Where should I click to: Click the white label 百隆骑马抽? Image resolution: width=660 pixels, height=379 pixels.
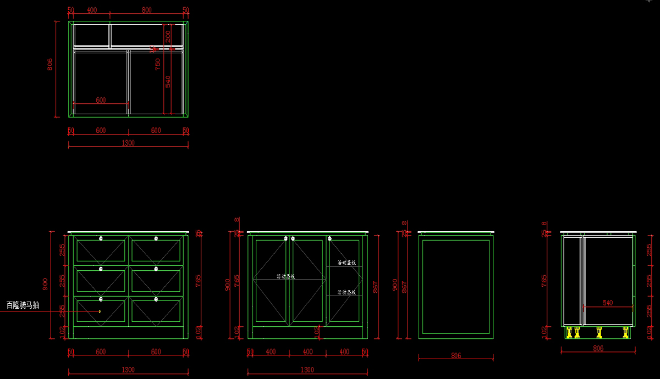tap(23, 305)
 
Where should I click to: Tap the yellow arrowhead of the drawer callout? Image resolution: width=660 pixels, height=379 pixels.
tap(100, 311)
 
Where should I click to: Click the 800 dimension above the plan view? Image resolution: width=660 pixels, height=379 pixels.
tap(146, 10)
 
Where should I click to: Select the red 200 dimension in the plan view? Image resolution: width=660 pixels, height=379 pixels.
tap(168, 36)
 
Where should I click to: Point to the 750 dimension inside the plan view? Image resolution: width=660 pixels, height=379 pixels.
tap(158, 64)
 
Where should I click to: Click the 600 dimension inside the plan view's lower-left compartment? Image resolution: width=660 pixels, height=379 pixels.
tap(101, 100)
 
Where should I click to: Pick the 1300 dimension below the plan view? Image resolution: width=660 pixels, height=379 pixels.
tap(128, 143)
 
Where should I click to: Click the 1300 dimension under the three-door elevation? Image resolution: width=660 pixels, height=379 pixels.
tap(307, 370)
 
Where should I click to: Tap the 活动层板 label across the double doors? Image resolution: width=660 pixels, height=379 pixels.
tap(285, 276)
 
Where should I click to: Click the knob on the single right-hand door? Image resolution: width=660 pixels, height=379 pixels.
tap(329, 238)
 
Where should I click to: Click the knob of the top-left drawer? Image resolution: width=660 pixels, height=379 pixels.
tap(101, 238)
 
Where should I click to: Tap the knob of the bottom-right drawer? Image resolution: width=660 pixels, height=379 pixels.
tap(156, 299)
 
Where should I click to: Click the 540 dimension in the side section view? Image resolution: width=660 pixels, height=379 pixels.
tap(608, 303)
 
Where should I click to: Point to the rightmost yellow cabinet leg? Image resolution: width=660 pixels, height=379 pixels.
tap(625, 332)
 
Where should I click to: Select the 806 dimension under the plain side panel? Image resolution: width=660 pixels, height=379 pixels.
tap(456, 355)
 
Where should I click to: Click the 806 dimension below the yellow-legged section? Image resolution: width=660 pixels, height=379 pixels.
tap(598, 348)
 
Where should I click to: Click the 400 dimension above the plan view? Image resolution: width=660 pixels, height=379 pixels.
tap(92, 10)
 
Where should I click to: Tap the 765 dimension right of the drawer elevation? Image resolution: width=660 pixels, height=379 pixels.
tap(198, 281)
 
